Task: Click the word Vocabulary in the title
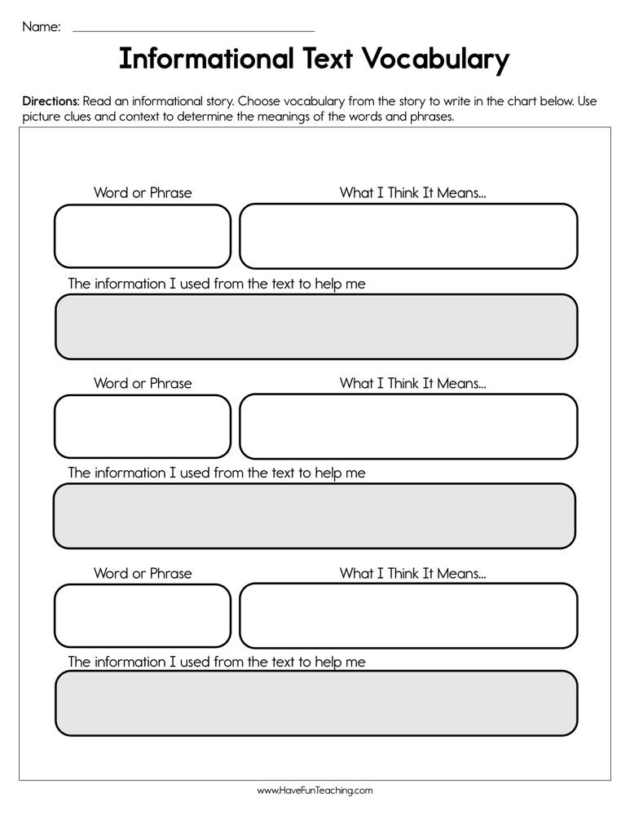(436, 59)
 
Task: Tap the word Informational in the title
(206, 59)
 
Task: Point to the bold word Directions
(51, 102)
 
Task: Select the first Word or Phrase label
(143, 193)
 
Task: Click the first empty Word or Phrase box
(143, 236)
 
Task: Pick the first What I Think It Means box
(408, 236)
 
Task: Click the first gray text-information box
(316, 327)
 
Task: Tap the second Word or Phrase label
(143, 383)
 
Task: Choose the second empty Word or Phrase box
(143, 426)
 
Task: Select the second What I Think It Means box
(408, 426)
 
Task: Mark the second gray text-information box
(315, 516)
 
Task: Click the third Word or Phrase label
(143, 573)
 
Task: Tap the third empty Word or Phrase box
(143, 615)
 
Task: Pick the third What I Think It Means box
(408, 615)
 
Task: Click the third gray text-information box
(316, 703)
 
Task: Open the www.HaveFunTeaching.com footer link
(315, 791)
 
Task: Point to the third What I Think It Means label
(412, 573)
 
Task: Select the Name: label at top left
(41, 27)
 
